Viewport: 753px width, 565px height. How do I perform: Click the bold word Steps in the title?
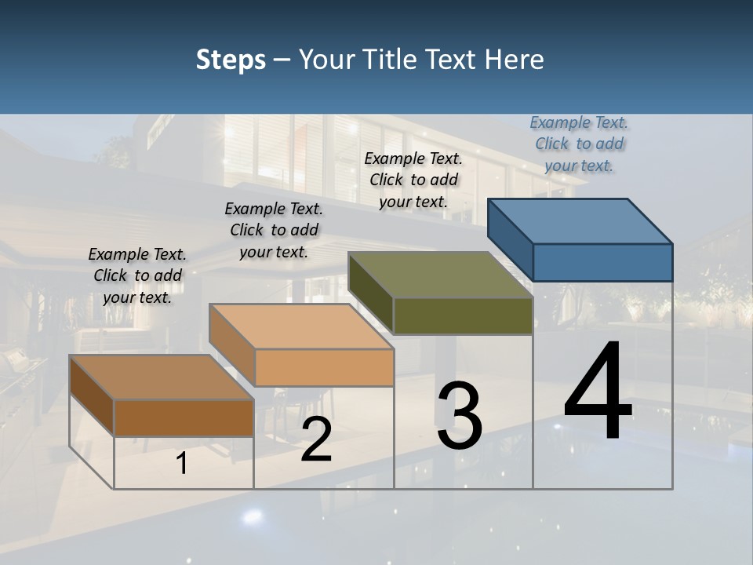231,60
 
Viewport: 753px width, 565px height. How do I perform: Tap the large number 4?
598,392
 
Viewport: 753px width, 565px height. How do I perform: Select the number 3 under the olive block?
460,416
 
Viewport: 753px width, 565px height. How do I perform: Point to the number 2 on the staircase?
316,439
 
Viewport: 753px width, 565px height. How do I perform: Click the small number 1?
182,463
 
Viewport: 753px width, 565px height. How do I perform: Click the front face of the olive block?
463,316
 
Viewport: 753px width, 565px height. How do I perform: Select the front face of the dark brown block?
184,417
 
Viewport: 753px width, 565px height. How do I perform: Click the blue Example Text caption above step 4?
579,144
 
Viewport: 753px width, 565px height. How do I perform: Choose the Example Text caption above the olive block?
413,180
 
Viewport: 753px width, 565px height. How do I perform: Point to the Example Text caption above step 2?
274,230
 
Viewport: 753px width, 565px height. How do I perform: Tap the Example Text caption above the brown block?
137,275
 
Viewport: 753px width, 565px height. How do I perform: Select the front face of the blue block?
602,262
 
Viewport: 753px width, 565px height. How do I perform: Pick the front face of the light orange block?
324,367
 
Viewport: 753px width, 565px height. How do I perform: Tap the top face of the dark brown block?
162,377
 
